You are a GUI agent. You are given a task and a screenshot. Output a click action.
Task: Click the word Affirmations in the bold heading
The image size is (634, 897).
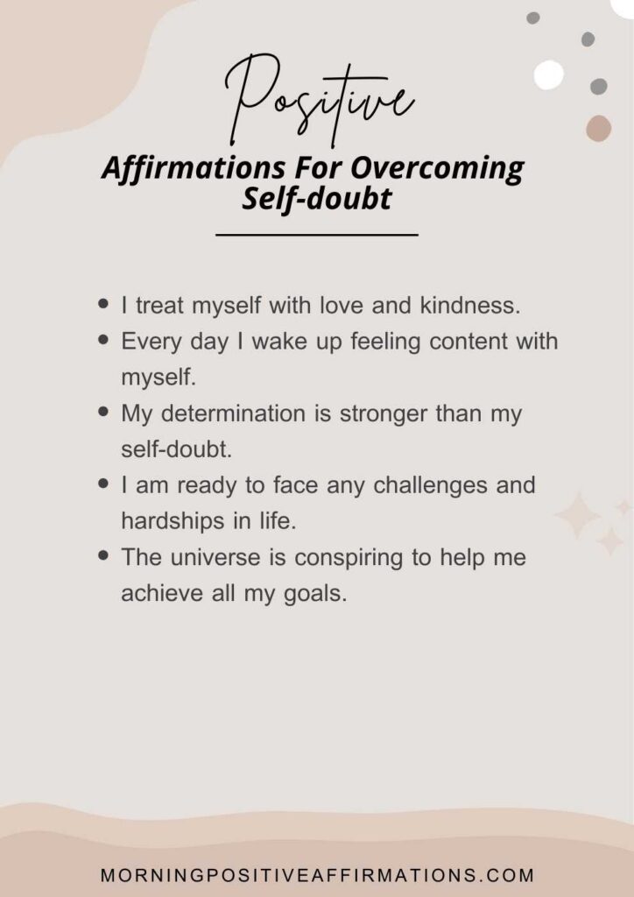194,168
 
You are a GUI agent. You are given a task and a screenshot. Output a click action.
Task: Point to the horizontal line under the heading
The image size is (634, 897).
317,235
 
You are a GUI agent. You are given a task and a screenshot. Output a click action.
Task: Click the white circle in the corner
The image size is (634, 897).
549,74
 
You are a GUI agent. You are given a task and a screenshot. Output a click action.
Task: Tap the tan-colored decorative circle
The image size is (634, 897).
599,128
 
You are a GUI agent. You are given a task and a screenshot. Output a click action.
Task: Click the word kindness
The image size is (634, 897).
470,306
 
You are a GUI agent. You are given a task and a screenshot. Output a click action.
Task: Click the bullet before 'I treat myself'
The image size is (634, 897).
103,304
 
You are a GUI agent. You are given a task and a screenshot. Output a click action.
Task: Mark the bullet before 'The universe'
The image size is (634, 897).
103,554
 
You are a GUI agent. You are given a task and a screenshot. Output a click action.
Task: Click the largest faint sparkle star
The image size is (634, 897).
577,515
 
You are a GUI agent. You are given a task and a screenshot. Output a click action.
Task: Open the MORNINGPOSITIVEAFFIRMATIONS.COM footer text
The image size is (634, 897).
317,875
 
